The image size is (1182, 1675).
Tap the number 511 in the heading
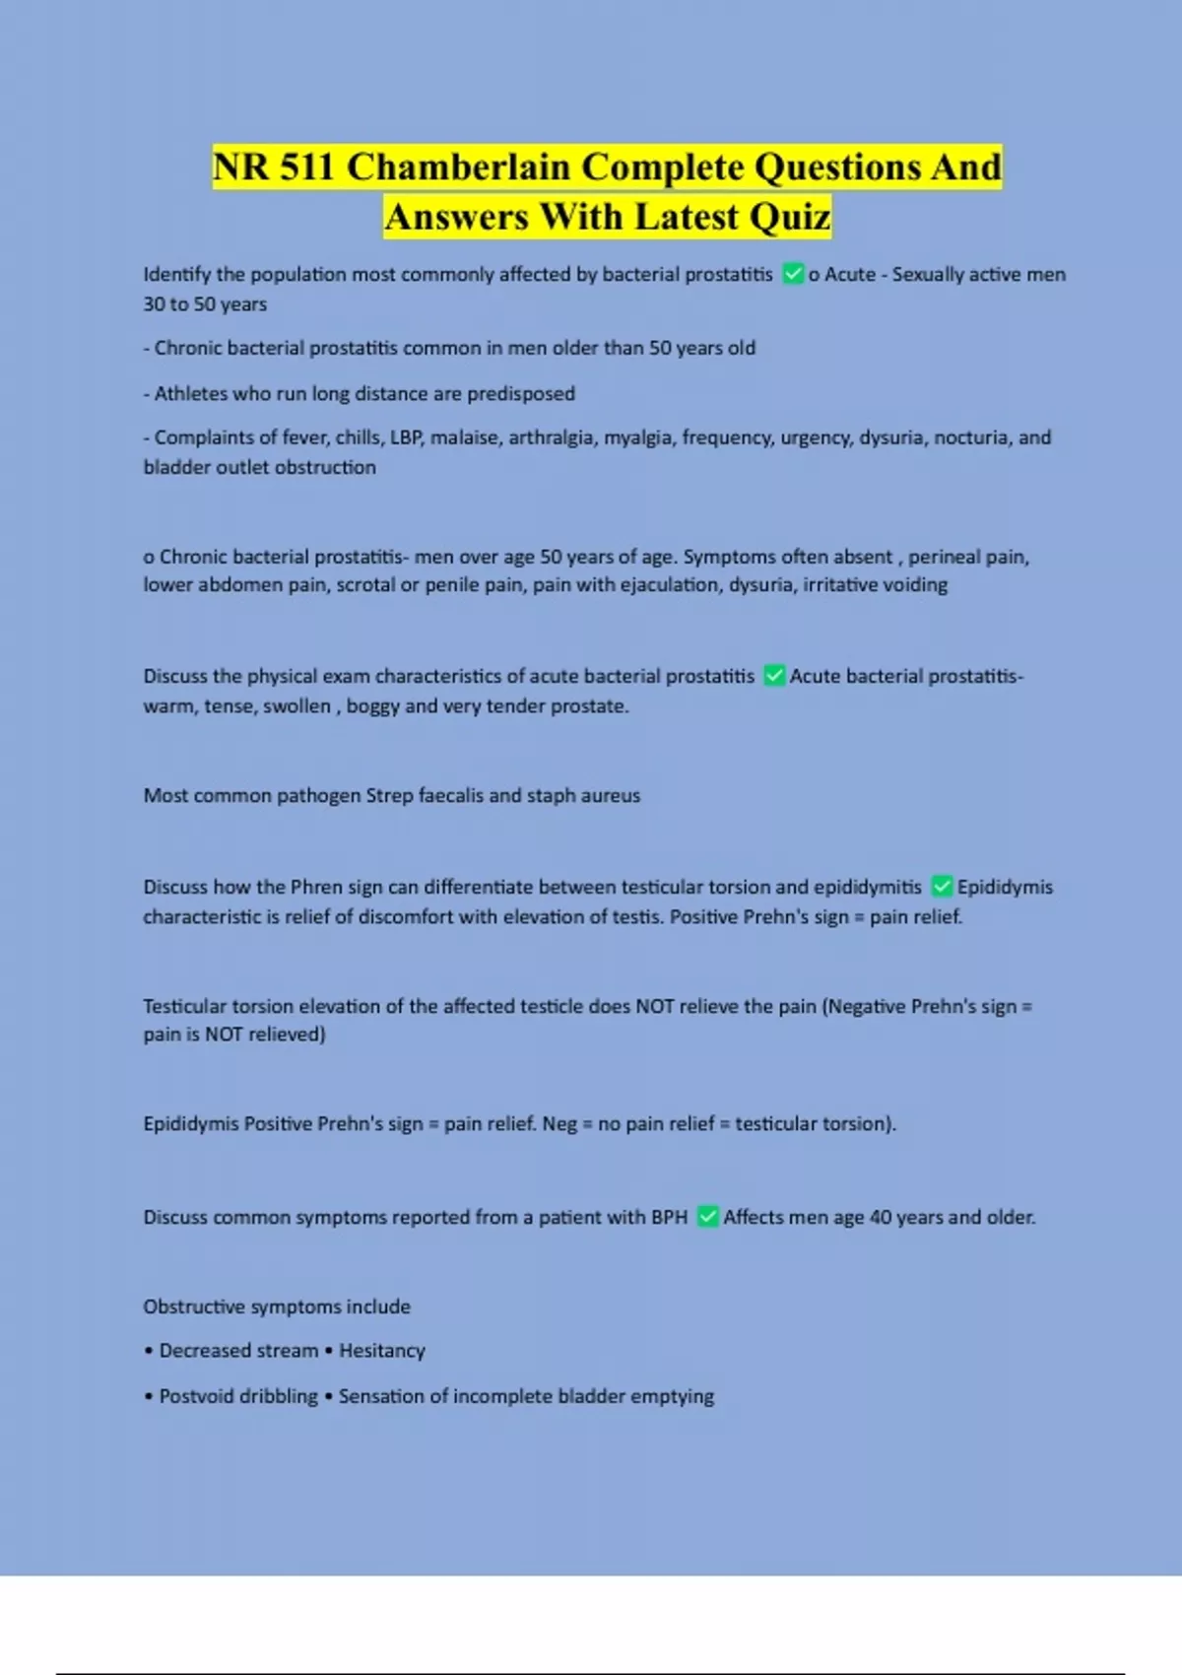pyautogui.click(x=306, y=167)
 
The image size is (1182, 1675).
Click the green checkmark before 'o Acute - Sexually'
pyautogui.click(x=793, y=274)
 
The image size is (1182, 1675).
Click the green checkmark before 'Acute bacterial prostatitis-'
pyautogui.click(x=774, y=676)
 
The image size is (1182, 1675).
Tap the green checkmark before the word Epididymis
pyautogui.click(x=942, y=887)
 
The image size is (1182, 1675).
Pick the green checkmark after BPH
pyautogui.click(x=707, y=1217)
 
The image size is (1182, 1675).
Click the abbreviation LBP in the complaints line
pyautogui.click(x=406, y=437)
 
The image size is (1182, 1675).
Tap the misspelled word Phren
pyautogui.click(x=316, y=887)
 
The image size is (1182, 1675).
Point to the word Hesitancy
pyautogui.click(x=382, y=1350)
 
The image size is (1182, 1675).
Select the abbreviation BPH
pyautogui.click(x=669, y=1217)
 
